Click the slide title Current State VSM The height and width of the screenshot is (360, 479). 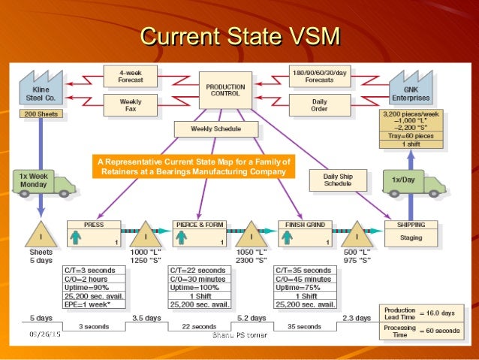[x=240, y=36]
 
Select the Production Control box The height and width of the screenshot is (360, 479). [x=225, y=91]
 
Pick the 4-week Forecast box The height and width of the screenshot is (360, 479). [x=131, y=75]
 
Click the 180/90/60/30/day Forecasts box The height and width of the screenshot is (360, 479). [x=318, y=75]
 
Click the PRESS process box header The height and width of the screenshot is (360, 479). [x=94, y=224]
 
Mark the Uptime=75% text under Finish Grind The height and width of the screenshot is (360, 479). [x=297, y=288]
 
